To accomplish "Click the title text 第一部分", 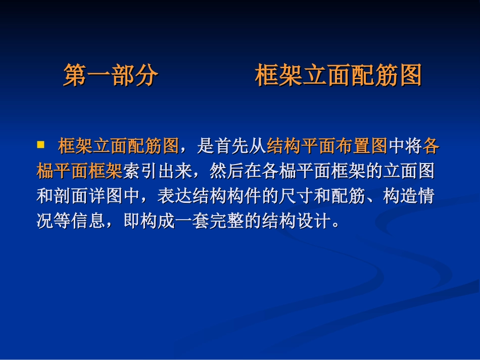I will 111,76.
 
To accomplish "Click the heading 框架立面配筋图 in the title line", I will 338,76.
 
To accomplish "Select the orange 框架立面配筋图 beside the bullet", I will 118,146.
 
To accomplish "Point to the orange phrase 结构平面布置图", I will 326,146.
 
